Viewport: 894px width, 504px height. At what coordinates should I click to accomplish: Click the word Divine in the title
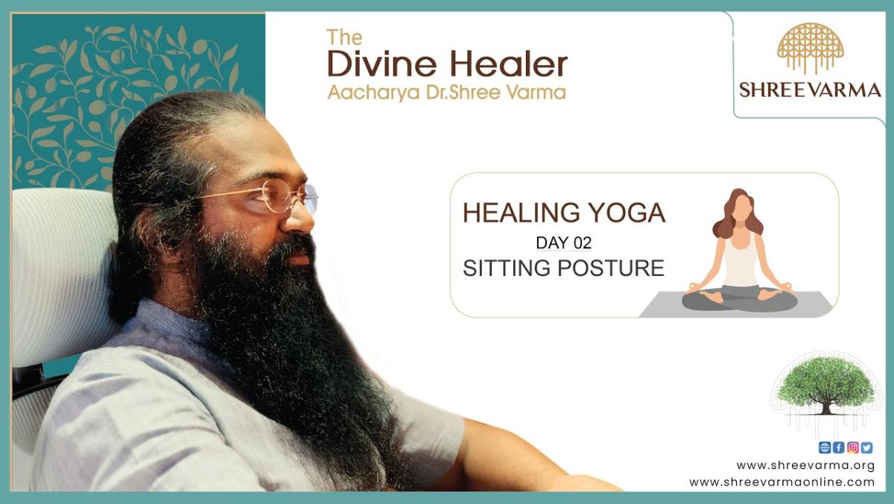tap(382, 64)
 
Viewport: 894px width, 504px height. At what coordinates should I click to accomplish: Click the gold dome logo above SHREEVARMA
tap(811, 48)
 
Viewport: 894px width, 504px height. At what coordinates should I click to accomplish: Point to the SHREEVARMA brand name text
tap(811, 90)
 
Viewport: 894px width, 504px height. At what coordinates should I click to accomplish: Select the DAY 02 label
tap(563, 243)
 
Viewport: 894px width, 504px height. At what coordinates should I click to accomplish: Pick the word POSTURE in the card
tap(611, 268)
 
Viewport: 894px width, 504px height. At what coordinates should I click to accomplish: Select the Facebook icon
tap(839, 447)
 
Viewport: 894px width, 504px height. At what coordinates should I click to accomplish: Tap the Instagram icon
tap(853, 447)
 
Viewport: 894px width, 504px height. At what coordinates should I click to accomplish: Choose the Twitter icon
tap(866, 447)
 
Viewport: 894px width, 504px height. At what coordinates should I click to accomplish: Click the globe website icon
tap(825, 447)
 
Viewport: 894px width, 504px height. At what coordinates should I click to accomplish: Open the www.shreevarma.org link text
tap(805, 466)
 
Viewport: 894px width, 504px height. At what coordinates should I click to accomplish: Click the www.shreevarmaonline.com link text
tap(782, 482)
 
